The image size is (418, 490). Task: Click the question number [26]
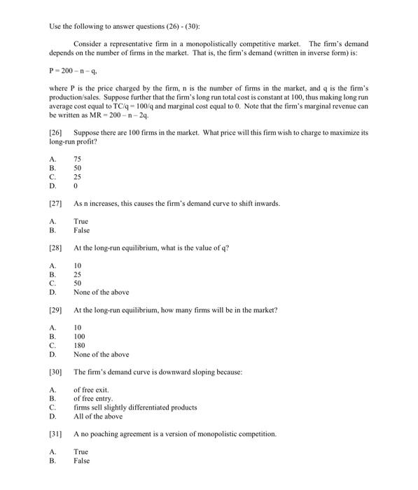point(57,132)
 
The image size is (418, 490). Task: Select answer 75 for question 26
point(77,159)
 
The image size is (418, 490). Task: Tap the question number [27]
point(57,203)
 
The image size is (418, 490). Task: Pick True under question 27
point(81,221)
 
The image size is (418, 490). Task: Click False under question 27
point(81,230)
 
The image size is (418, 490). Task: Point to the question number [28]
point(57,248)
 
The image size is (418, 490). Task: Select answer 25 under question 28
point(77,274)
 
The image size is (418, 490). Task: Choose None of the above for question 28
point(101,292)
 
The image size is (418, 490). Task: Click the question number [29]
point(57,309)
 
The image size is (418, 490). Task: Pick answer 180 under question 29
point(79,345)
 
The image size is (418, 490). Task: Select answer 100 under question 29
point(79,336)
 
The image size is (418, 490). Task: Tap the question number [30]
point(57,372)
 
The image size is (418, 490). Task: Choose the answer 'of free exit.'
point(92,389)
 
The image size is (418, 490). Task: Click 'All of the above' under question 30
point(97,416)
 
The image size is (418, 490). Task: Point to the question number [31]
point(57,433)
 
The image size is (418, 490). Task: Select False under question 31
point(81,461)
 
